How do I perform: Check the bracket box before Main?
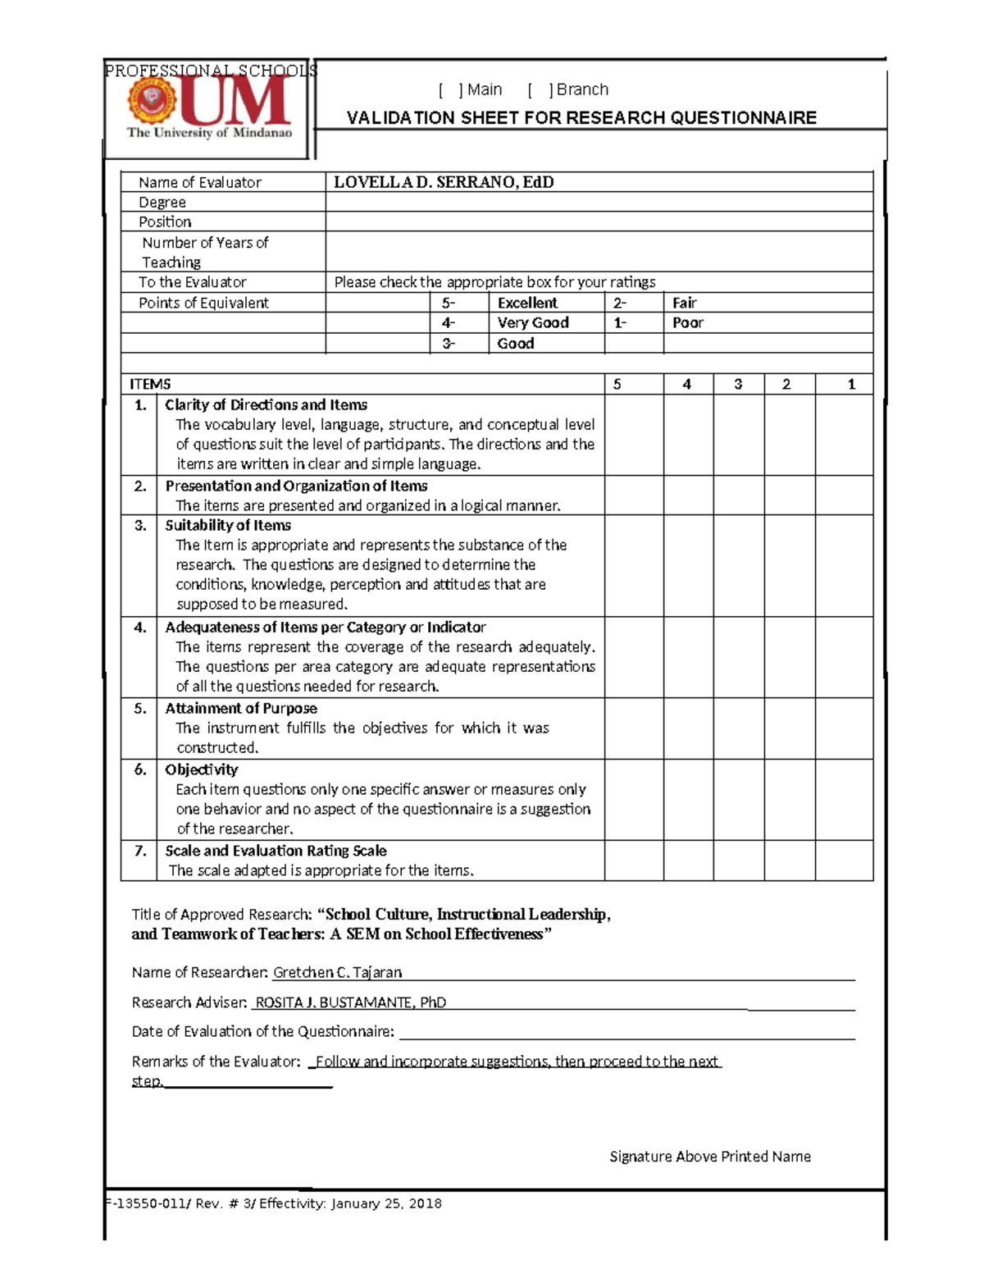pyautogui.click(x=450, y=90)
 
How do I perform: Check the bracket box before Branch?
pyautogui.click(x=540, y=90)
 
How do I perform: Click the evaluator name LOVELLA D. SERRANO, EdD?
pyautogui.click(x=444, y=182)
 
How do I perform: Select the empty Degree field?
pyautogui.click(x=599, y=203)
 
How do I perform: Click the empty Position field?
pyautogui.click(x=599, y=222)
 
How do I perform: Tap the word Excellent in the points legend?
pyautogui.click(x=527, y=303)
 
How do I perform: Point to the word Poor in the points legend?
pyautogui.click(x=687, y=323)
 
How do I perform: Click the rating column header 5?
pyautogui.click(x=617, y=384)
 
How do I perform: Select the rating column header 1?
pyautogui.click(x=851, y=384)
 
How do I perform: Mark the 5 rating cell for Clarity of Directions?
pyautogui.click(x=634, y=435)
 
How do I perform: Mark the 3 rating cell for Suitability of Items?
pyautogui.click(x=738, y=565)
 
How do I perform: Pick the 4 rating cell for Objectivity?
pyautogui.click(x=688, y=799)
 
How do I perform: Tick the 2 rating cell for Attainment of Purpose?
pyautogui.click(x=789, y=728)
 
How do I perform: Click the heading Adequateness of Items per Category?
pyautogui.click(x=325, y=628)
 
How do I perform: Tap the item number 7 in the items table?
pyautogui.click(x=140, y=852)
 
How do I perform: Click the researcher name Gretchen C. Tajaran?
pyautogui.click(x=337, y=972)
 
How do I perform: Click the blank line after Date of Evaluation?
pyautogui.click(x=625, y=1031)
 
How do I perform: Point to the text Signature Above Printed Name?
pyautogui.click(x=709, y=1157)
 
